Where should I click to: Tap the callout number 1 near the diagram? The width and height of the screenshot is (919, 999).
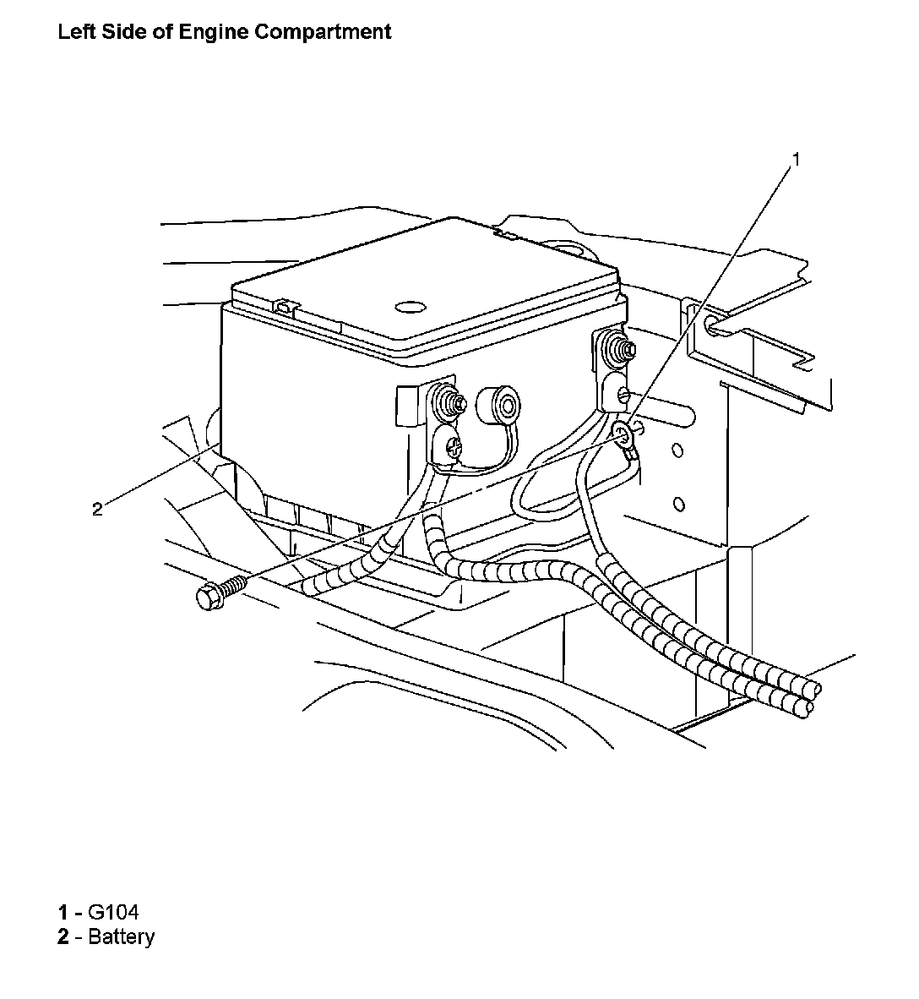pos(795,159)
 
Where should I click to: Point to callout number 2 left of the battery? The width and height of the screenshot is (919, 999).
pos(97,509)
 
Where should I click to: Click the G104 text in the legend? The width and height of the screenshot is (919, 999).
pos(113,912)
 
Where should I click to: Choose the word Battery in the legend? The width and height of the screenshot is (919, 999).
pos(121,936)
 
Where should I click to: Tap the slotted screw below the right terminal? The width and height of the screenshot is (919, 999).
pos(623,395)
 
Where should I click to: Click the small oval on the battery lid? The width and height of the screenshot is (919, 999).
pos(409,308)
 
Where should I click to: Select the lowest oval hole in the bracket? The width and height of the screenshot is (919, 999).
pos(678,505)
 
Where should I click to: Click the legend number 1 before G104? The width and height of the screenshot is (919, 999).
pos(63,912)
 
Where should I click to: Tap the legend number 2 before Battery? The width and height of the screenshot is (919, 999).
pos(63,936)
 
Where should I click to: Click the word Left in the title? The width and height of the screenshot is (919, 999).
pos(73,33)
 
